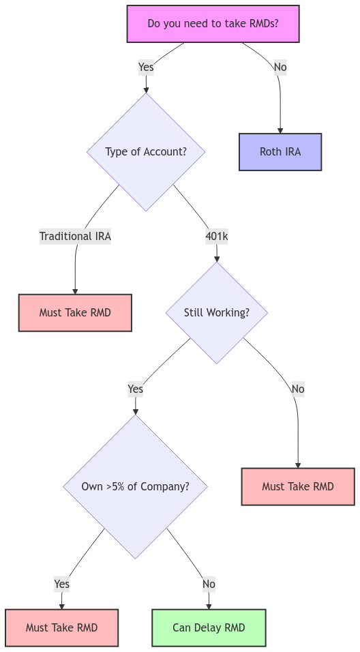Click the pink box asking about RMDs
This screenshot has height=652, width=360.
[x=213, y=24]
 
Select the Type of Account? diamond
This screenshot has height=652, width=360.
[x=146, y=151]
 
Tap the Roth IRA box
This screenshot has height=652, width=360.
[x=280, y=151]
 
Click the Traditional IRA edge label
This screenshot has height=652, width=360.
[x=75, y=236]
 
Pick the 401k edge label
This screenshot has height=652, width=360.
[x=217, y=236]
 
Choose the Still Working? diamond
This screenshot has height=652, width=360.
[x=217, y=312]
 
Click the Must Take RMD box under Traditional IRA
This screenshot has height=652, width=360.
[x=75, y=312]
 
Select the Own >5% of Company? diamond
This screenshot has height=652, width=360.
[x=135, y=486]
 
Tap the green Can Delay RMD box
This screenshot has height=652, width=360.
[x=209, y=627]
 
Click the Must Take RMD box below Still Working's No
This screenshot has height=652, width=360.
[x=298, y=486]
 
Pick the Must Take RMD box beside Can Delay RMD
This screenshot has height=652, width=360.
[x=61, y=627]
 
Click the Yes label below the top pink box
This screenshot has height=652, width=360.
[x=146, y=67]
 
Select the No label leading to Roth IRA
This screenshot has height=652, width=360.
[x=280, y=67]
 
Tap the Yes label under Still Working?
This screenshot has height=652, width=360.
[x=135, y=389]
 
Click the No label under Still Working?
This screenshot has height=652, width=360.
[x=298, y=389]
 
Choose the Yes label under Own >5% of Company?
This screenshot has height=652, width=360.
[x=61, y=584]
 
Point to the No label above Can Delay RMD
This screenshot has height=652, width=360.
[x=209, y=584]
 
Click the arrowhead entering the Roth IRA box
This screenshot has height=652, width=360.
[x=280, y=130]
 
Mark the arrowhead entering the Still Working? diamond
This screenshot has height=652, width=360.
[x=217, y=258]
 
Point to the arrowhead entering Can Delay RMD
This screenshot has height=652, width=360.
[x=209, y=606]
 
